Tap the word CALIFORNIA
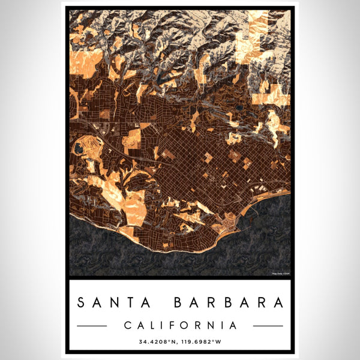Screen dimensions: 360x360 (x=180, y=325)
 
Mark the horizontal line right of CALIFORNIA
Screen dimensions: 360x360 (x=268, y=326)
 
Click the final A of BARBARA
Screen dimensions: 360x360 (x=278, y=302)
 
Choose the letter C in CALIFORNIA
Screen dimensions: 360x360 (x=127, y=325)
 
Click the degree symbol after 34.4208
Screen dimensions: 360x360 (x=171, y=341)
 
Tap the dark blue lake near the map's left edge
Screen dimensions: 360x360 (x=79, y=148)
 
